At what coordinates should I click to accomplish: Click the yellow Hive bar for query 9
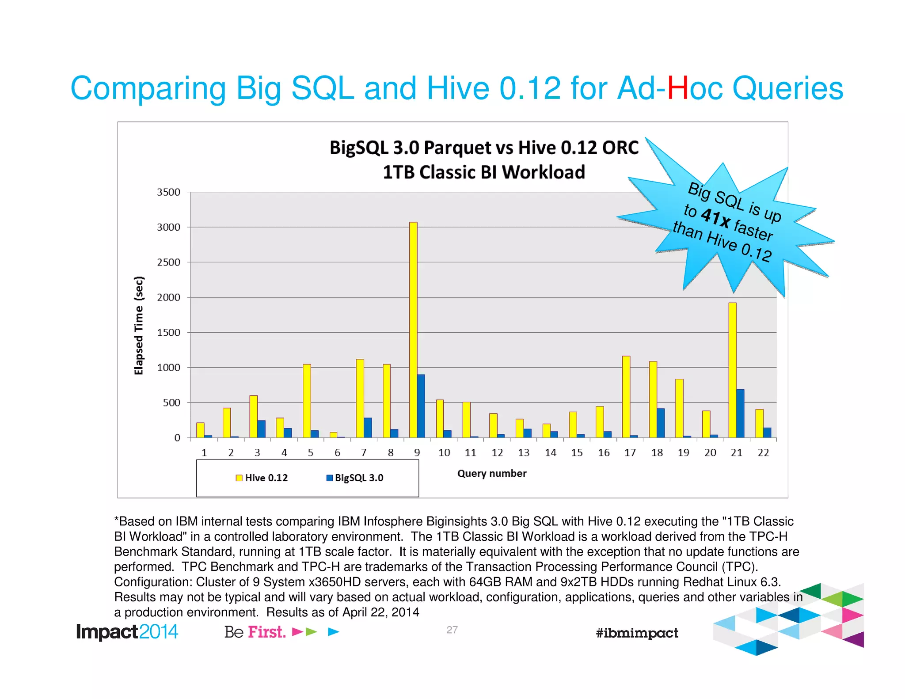pos(413,330)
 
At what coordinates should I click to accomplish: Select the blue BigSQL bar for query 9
pos(421,406)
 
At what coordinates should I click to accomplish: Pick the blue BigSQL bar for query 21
pos(741,413)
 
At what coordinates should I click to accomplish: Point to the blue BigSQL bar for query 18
pos(661,423)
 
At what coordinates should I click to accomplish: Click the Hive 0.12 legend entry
pos(262,478)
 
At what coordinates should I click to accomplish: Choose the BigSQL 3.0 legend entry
pos(354,478)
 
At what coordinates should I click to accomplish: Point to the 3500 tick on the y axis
pos(169,192)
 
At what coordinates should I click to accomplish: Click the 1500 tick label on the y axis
pos(169,332)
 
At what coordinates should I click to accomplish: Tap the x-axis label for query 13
pos(524,452)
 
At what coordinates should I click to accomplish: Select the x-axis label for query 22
pos(763,452)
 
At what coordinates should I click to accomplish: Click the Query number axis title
pos(492,474)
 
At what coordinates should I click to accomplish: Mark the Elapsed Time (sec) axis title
pos(139,325)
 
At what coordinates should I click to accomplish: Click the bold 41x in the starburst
pos(716,217)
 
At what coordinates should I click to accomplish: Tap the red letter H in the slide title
pos(677,88)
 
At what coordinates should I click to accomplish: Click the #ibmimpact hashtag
pos(637,633)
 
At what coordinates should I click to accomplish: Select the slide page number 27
pos(452,630)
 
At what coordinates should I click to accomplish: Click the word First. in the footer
pos(266,632)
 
